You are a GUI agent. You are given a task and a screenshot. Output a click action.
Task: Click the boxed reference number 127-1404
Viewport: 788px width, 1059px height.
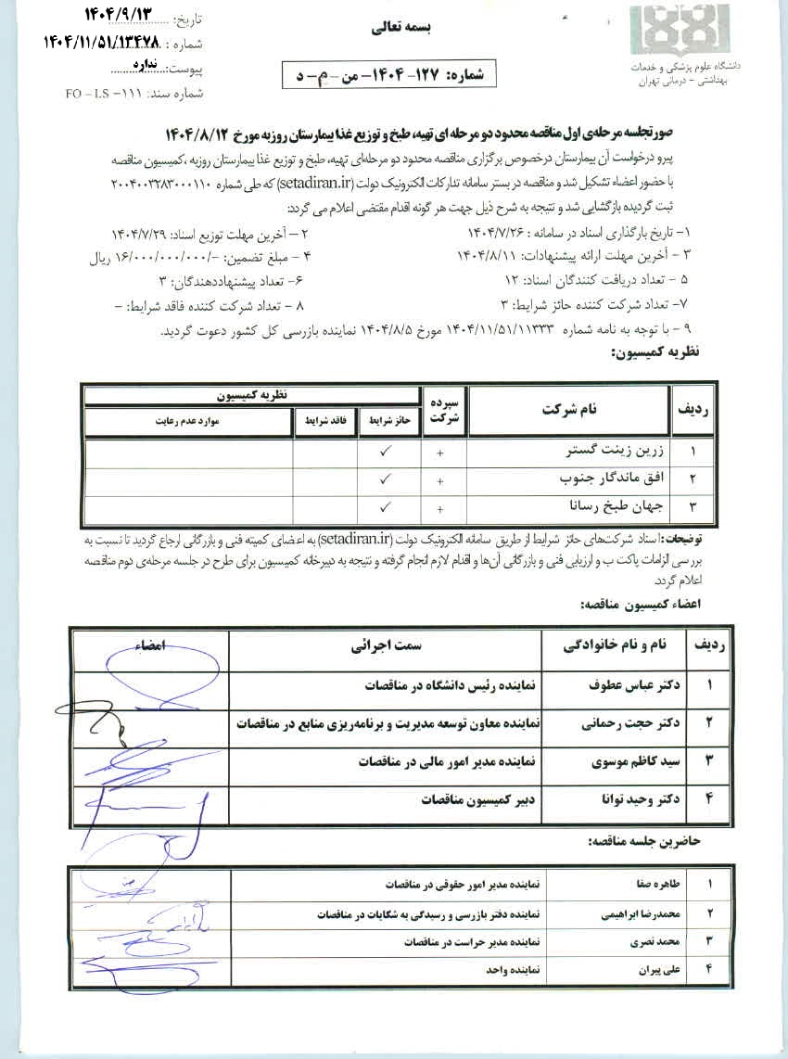pos(389,73)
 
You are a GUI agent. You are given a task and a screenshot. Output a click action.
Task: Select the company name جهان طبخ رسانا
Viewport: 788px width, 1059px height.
pos(611,507)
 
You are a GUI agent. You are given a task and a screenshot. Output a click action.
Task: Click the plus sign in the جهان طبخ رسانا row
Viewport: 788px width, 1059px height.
pos(439,509)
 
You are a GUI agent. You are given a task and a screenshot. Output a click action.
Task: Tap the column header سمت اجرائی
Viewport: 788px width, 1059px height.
pos(386,646)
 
